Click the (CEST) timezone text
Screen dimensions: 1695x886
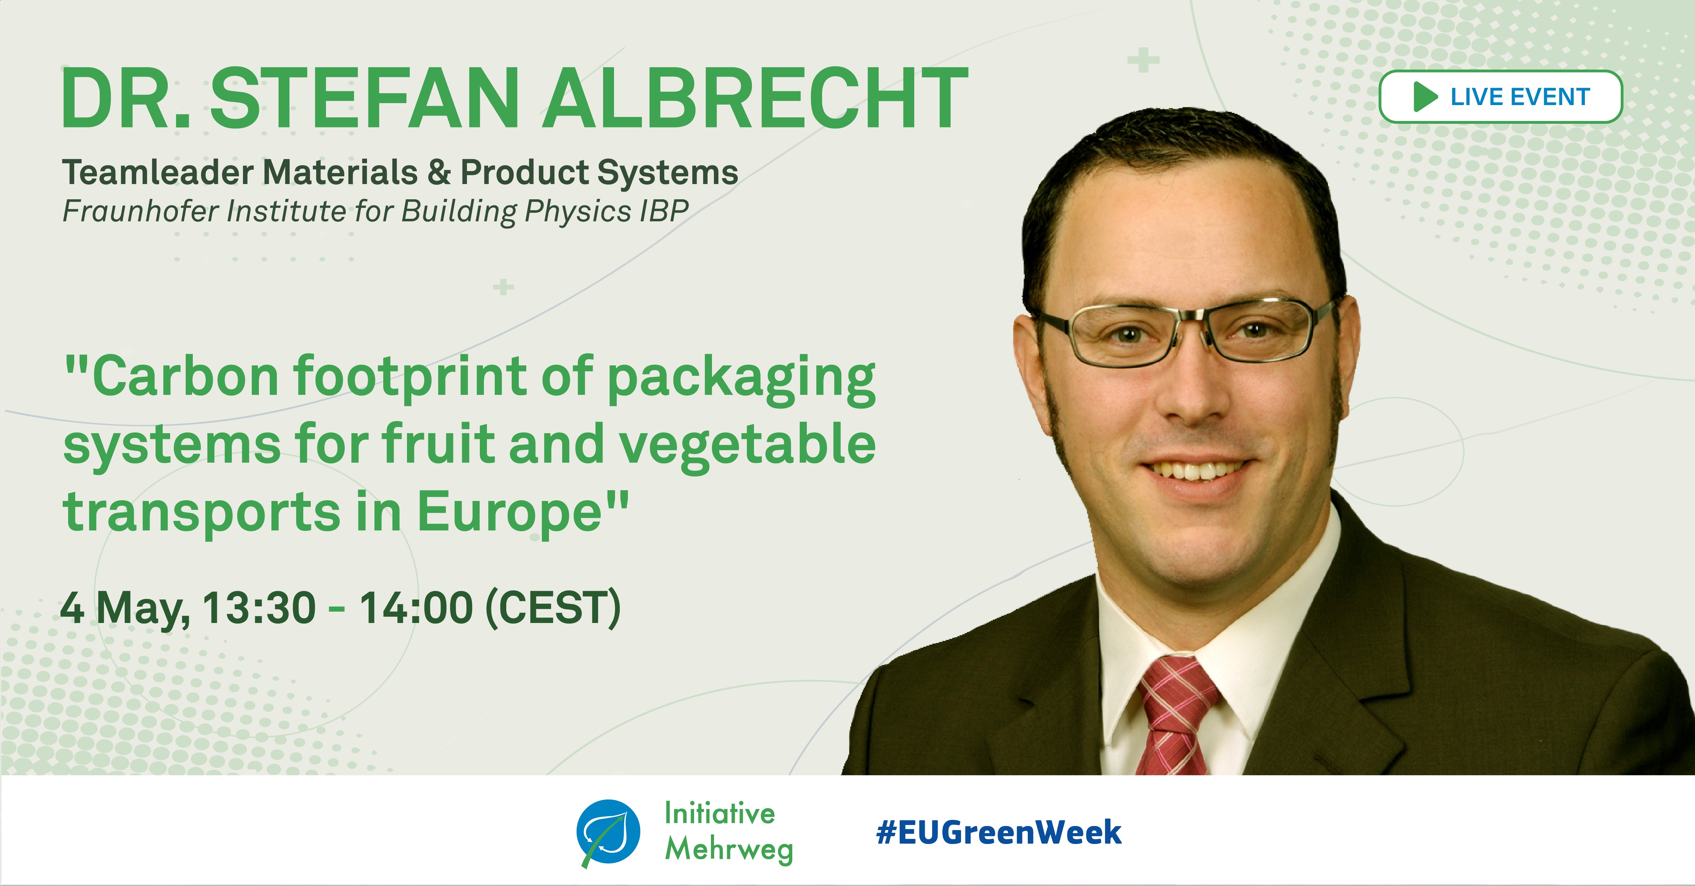point(553,608)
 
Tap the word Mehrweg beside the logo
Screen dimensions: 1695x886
point(729,849)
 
